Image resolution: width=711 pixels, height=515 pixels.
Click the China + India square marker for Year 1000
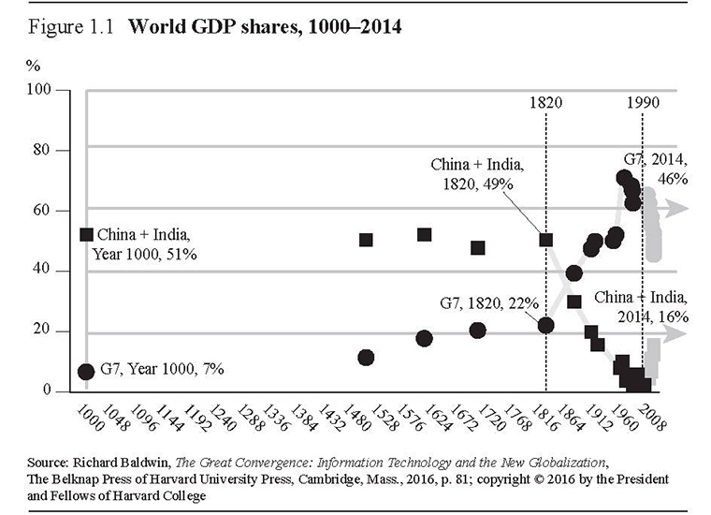(x=86, y=235)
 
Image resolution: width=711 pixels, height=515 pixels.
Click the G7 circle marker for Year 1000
(x=86, y=372)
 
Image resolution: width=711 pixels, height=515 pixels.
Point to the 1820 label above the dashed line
(x=545, y=101)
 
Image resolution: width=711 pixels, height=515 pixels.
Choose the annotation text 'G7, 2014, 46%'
(x=656, y=169)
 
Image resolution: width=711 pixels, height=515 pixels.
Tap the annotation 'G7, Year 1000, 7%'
(x=162, y=371)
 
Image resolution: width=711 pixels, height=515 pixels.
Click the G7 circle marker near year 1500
(x=366, y=358)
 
